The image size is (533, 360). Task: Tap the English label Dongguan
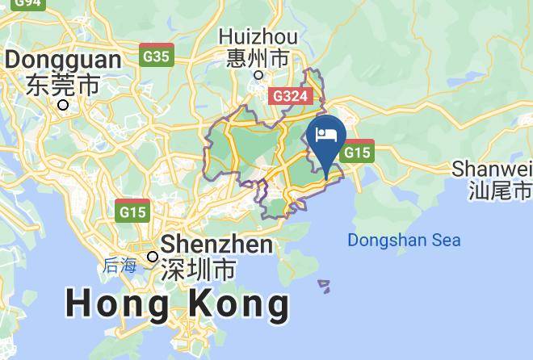[x=63, y=59]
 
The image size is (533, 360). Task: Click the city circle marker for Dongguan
[x=63, y=104]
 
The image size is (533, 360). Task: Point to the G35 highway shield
[x=156, y=55]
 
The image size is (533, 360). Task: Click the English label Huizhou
[x=258, y=37]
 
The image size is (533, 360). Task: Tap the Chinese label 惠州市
[x=258, y=58]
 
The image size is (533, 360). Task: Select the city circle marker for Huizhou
[x=258, y=75]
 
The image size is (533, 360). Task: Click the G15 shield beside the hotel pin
[x=358, y=152]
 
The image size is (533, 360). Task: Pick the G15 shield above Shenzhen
[x=132, y=211]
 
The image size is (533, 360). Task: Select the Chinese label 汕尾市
[x=500, y=190]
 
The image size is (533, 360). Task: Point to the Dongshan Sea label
[x=404, y=240]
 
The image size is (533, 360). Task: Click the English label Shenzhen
[x=216, y=245]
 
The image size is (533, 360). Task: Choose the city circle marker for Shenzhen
[x=153, y=257]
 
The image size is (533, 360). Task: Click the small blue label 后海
[x=120, y=265]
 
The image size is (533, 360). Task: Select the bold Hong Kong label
[x=177, y=304]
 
